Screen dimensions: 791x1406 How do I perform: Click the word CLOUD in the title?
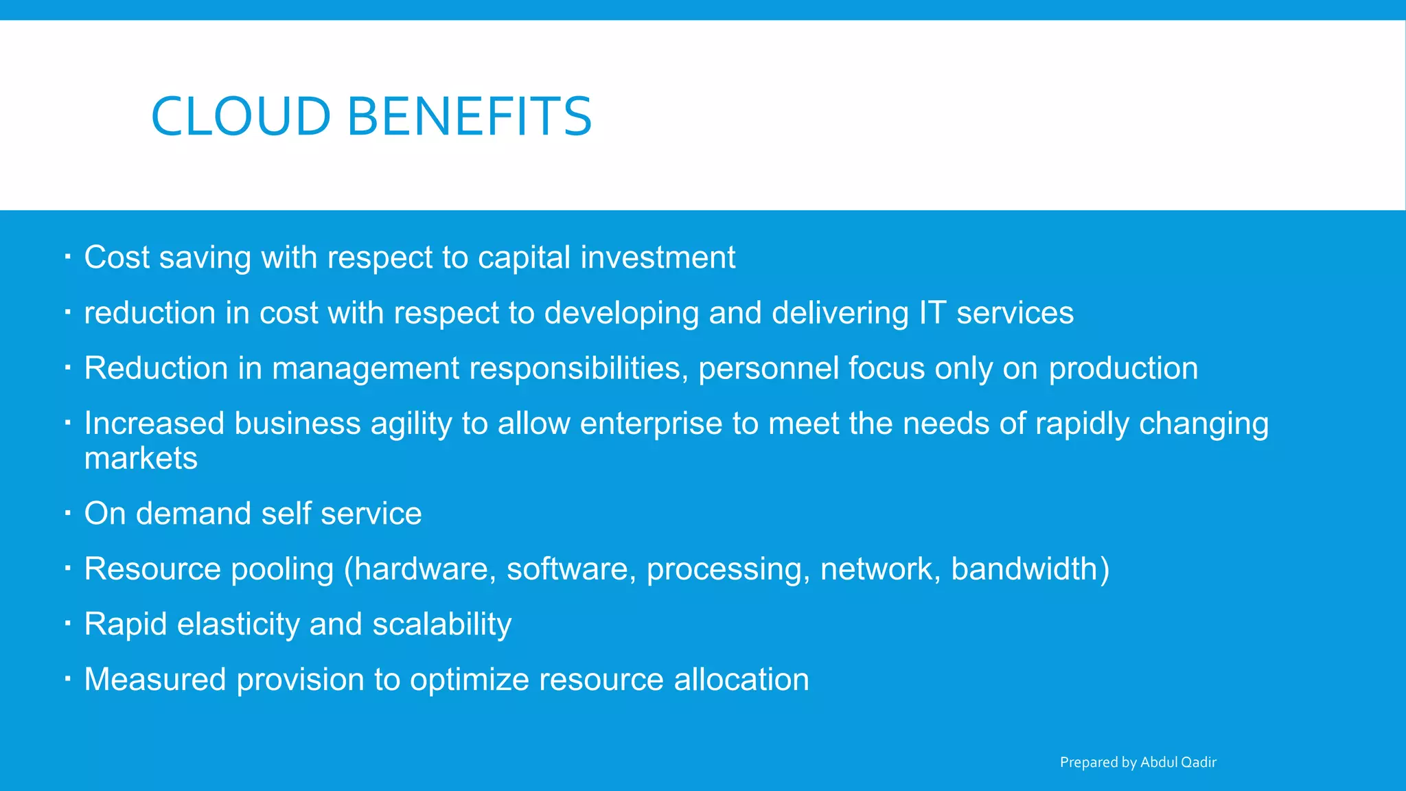pos(241,116)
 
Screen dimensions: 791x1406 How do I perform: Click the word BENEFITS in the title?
pos(470,116)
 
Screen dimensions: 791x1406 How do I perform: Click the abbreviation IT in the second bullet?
pos(932,313)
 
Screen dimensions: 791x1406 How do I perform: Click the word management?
pos(366,369)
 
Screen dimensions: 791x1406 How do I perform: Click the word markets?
pos(141,459)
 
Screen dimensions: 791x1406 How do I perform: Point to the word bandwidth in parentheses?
pos(1025,569)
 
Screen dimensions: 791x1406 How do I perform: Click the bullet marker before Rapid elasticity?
pos(68,623)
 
